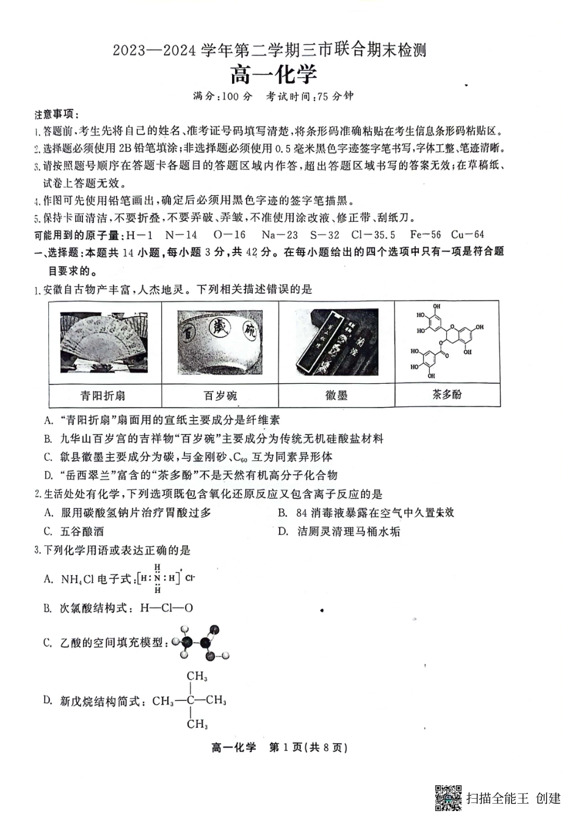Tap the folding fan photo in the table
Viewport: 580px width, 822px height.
point(104,342)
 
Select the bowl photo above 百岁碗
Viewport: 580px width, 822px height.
point(219,342)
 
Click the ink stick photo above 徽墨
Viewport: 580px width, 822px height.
point(337,342)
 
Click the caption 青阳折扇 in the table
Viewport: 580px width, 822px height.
point(103,395)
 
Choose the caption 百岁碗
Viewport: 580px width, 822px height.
point(220,395)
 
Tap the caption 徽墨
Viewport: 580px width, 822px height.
point(336,395)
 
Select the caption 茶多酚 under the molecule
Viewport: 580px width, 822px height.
point(447,394)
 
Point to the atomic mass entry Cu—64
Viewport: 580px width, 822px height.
point(468,235)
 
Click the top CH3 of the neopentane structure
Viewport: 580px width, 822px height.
point(197,676)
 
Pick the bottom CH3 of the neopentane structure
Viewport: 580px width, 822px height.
point(197,724)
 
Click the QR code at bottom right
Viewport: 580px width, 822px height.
point(448,798)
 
